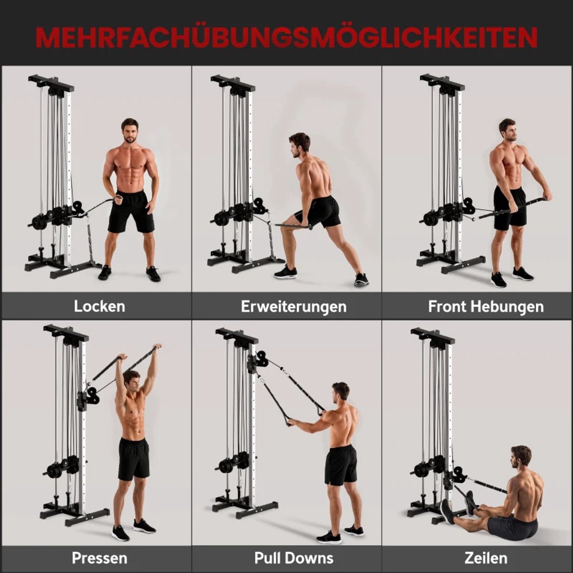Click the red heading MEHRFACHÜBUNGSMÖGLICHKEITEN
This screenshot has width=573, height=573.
pyautogui.click(x=286, y=38)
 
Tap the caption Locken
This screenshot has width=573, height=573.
pyautogui.click(x=100, y=306)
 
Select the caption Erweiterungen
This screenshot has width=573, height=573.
pyautogui.click(x=294, y=307)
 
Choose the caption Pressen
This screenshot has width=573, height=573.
pyautogui.click(x=100, y=558)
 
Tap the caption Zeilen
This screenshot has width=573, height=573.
pyautogui.click(x=486, y=558)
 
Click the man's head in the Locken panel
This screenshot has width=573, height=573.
pyautogui.click(x=130, y=131)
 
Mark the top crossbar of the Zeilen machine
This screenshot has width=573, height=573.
pyautogui.click(x=433, y=335)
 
